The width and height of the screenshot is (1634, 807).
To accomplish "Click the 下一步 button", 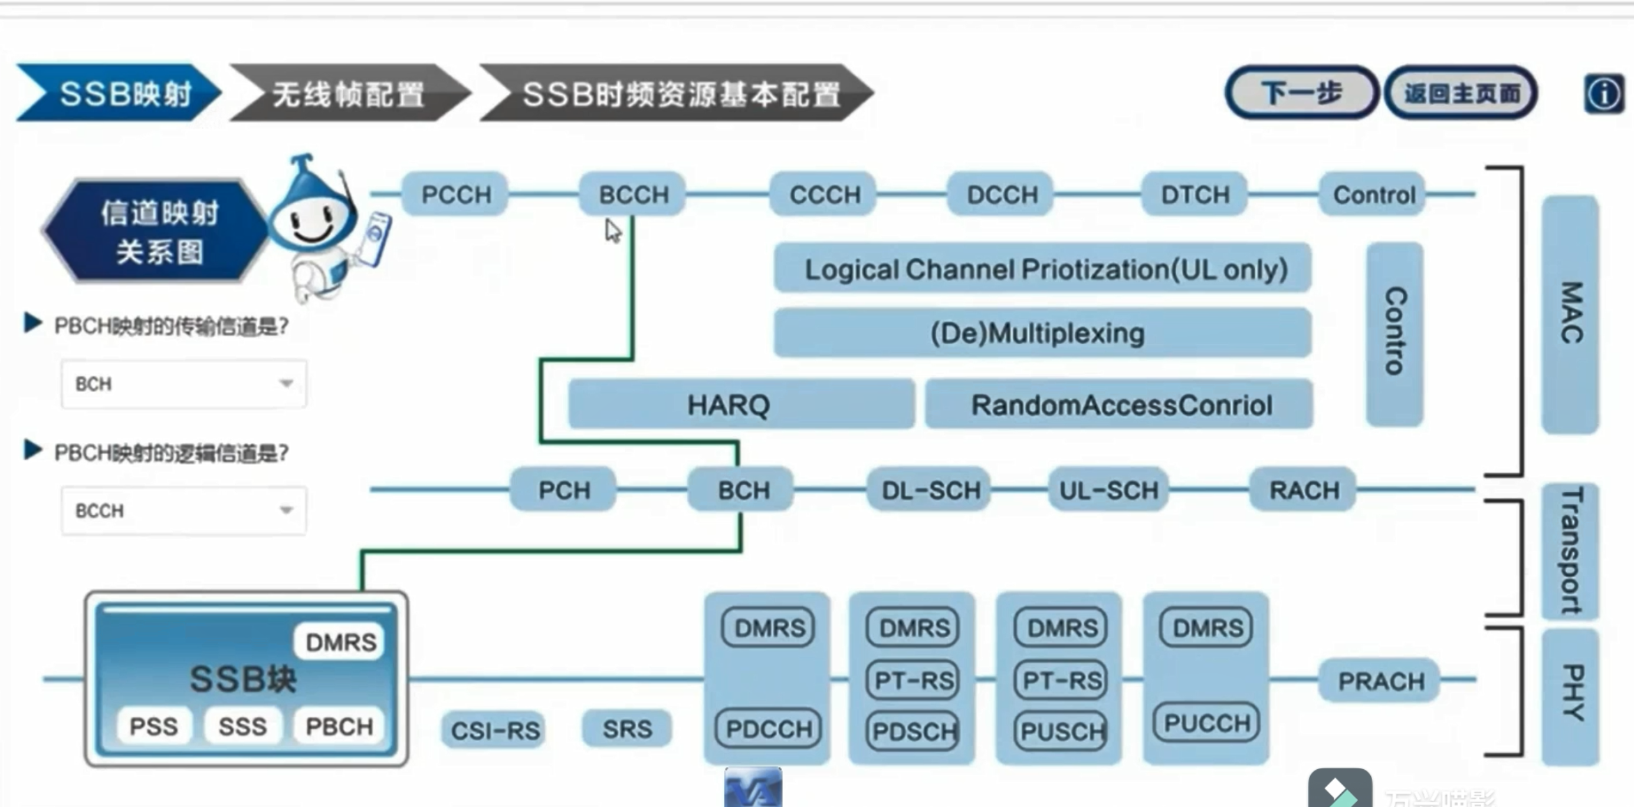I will [1300, 93].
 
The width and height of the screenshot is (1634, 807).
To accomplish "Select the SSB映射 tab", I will [120, 94].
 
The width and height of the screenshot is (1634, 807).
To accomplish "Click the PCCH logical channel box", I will [456, 195].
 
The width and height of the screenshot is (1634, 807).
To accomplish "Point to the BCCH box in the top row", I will [634, 195].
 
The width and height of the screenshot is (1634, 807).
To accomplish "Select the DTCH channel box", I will [1195, 195].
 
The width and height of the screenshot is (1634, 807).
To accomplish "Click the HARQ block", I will [728, 404].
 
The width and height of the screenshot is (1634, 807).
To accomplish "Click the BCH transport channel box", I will [743, 489].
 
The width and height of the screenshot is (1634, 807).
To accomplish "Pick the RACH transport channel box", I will [1304, 489].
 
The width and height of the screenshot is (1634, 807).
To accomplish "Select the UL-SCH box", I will [1108, 489].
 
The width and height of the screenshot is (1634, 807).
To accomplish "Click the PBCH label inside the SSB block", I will [339, 726].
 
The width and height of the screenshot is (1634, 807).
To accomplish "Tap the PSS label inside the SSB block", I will [153, 726].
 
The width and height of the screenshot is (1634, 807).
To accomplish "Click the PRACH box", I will [1380, 681].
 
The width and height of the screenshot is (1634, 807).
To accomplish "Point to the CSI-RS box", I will [495, 730].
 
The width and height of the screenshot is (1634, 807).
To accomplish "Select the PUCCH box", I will [1206, 723].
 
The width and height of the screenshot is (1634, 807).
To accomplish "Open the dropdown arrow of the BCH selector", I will [286, 383].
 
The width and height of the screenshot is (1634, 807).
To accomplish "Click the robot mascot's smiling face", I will [312, 222].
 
